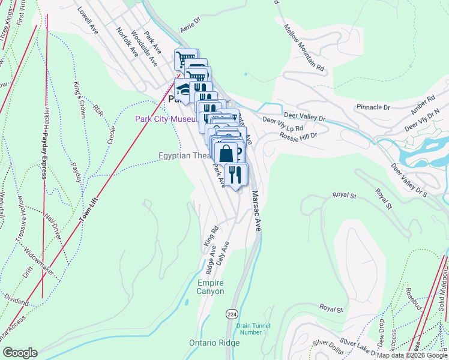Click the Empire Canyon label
(x=210, y=287)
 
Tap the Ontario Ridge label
(x=214, y=343)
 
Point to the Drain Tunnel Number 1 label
(x=254, y=328)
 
